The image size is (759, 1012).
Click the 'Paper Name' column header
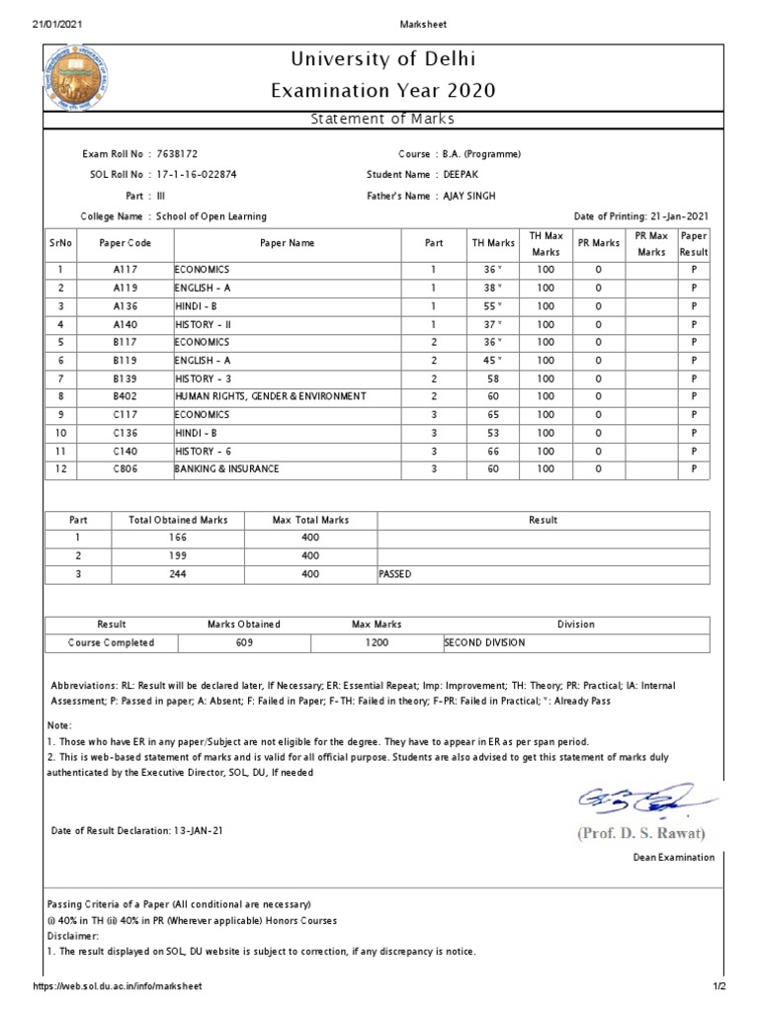[x=287, y=242]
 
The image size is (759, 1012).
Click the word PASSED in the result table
[x=395, y=573]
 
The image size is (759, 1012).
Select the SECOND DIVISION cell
[x=484, y=642]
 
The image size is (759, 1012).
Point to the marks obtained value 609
[x=244, y=642]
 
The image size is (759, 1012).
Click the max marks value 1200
[x=377, y=642]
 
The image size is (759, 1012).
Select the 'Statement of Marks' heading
[x=380, y=120]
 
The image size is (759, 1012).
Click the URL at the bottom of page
[x=118, y=986]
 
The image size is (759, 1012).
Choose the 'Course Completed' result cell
[x=111, y=642]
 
